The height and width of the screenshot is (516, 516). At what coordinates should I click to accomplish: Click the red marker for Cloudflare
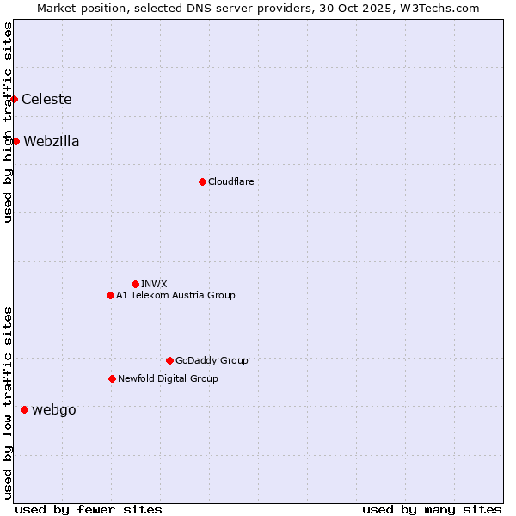click(202, 181)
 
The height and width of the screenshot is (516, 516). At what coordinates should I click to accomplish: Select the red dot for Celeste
click(15, 100)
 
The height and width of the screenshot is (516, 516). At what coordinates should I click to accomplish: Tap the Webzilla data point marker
click(15, 141)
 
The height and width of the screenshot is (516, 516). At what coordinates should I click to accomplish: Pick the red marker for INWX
click(135, 284)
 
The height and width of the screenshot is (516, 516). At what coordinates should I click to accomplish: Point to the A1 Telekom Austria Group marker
click(110, 295)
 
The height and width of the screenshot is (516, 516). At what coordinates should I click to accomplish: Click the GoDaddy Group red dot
click(169, 360)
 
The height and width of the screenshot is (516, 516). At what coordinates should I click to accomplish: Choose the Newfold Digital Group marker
click(112, 378)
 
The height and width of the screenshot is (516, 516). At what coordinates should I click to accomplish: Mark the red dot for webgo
click(24, 409)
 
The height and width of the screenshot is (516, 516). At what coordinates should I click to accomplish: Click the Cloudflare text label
click(230, 181)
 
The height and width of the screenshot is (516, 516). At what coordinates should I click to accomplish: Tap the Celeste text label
click(46, 100)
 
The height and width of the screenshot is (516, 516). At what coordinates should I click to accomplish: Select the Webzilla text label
click(52, 142)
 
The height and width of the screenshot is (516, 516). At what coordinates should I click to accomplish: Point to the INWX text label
click(154, 284)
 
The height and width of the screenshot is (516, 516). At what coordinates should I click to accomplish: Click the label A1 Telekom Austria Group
click(175, 295)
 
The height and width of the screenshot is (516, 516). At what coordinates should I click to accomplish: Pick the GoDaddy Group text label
click(212, 360)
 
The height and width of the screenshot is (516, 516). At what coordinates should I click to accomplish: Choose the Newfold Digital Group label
click(168, 378)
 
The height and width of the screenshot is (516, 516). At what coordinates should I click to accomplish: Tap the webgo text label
click(54, 410)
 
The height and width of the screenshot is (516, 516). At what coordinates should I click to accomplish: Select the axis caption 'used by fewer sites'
click(89, 509)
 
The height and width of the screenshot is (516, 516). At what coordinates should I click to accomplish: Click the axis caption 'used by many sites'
click(432, 509)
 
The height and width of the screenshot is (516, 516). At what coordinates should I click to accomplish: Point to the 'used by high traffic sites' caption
click(8, 122)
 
